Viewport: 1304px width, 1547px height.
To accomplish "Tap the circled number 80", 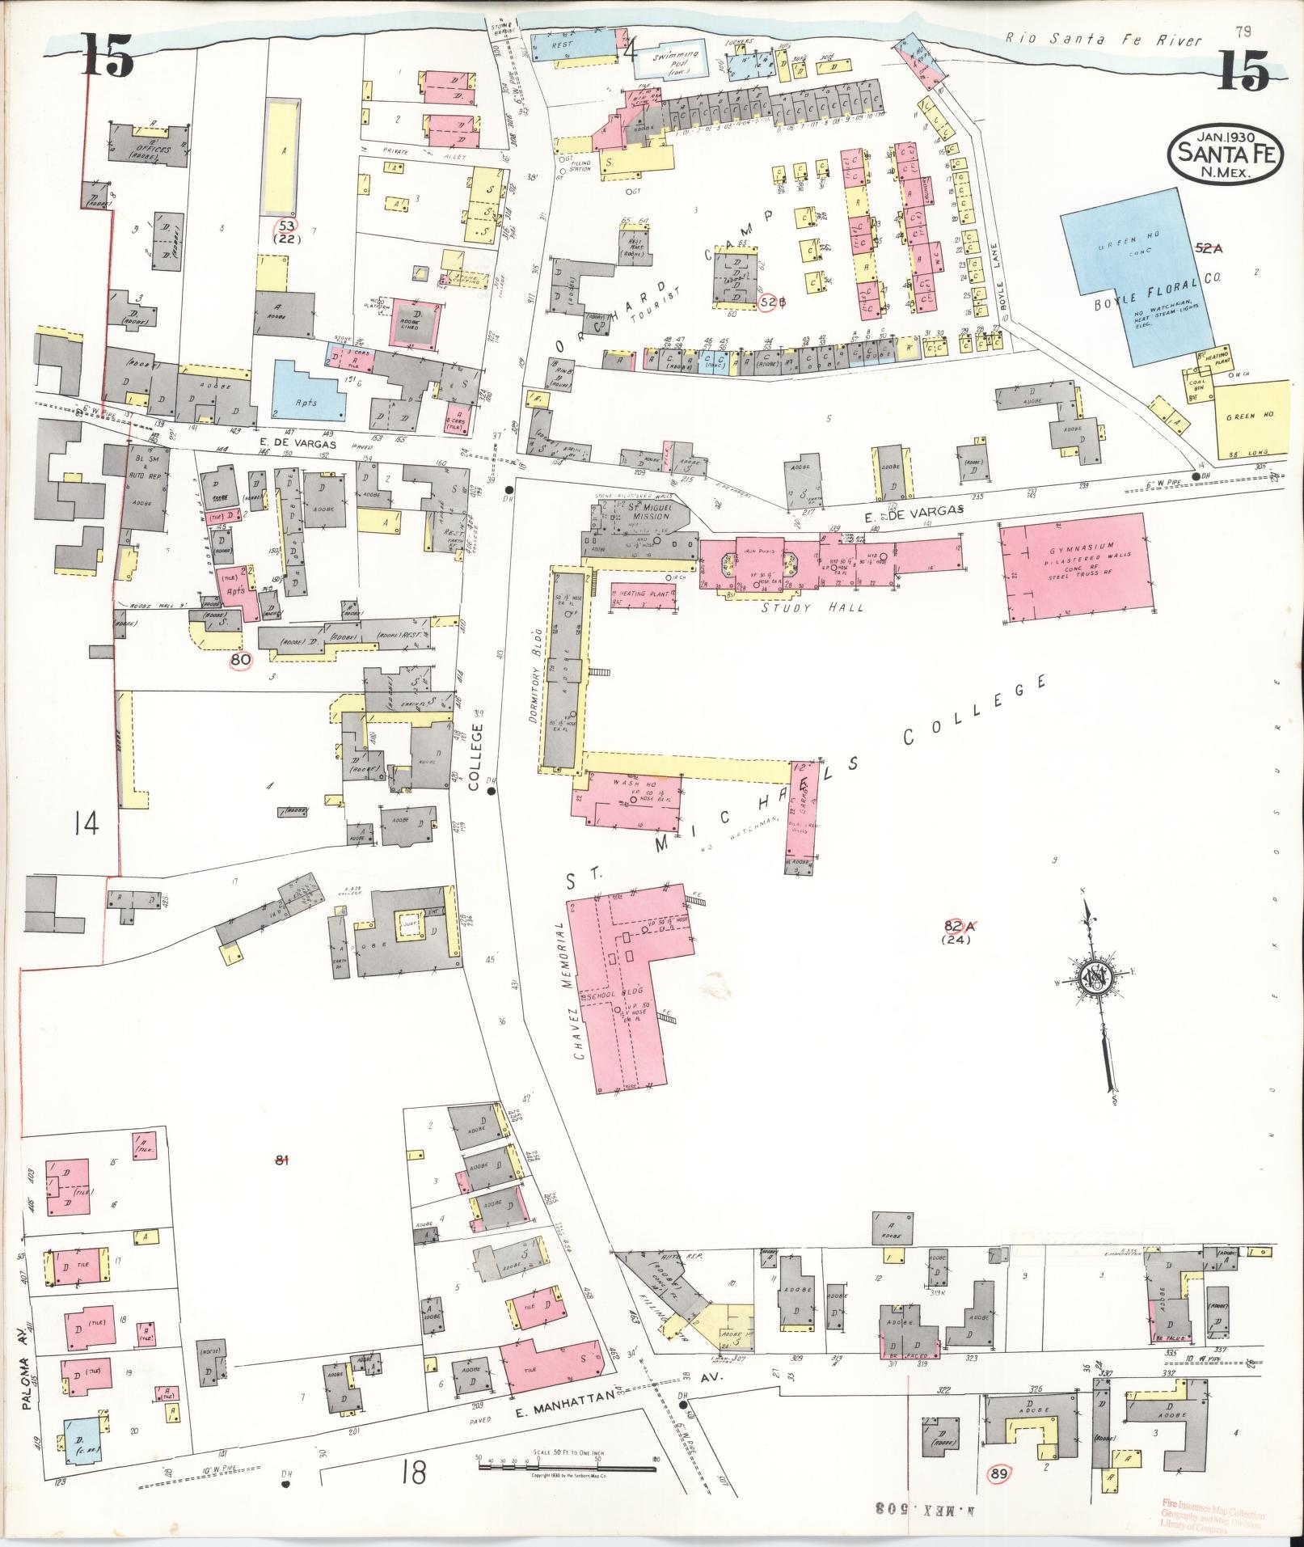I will point(241,659).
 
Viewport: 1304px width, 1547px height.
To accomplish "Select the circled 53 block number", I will point(287,225).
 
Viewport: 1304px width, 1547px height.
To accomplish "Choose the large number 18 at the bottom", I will point(411,1474).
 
